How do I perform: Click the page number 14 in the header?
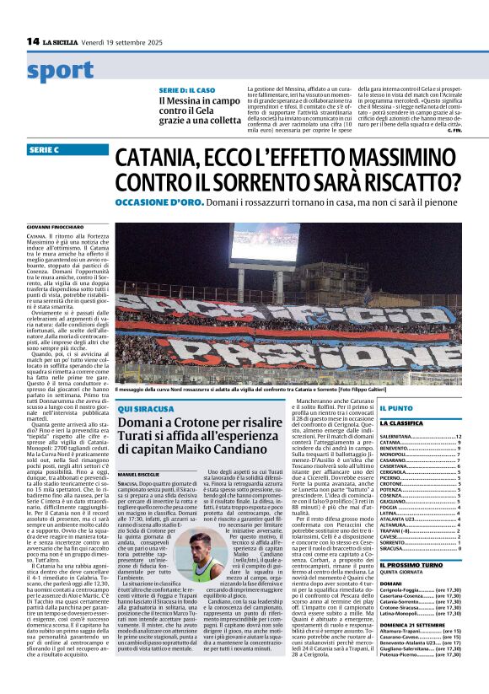coord(32,41)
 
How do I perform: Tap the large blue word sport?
coord(61,71)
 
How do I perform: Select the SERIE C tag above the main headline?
coord(44,149)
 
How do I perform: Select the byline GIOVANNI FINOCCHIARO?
coord(52,228)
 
